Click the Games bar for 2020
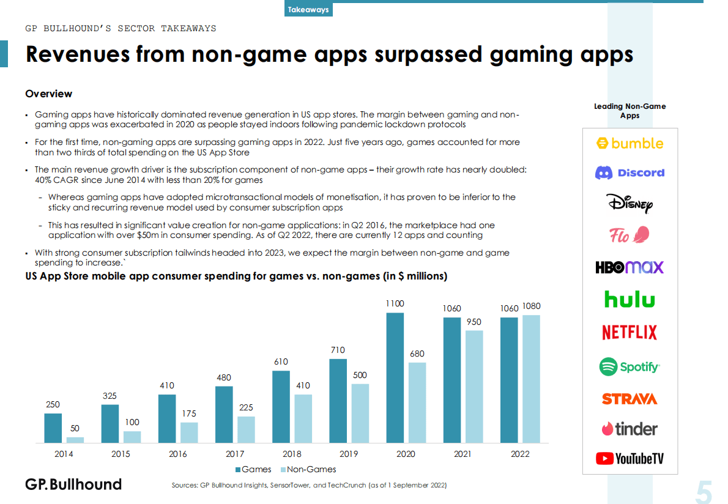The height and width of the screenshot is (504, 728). [395, 377]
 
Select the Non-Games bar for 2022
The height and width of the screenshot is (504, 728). [531, 379]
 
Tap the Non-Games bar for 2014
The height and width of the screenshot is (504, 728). [75, 439]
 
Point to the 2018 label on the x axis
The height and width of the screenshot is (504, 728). [292, 454]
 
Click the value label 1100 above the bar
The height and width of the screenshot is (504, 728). [395, 303]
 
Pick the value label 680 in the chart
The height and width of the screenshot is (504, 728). [417, 354]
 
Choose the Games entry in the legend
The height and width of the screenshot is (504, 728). [253, 469]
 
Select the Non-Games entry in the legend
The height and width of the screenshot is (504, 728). [308, 469]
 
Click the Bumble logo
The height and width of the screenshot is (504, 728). [630, 144]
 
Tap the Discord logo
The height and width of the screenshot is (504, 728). [630, 173]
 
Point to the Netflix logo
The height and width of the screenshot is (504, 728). [630, 333]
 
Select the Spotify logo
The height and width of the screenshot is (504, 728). [630, 367]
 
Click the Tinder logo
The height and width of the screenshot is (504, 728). [630, 428]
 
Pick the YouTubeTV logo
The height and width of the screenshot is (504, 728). [630, 458]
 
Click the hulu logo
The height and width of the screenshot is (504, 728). [630, 300]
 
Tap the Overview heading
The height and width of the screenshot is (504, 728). [48, 94]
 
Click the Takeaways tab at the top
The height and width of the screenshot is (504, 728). [308, 10]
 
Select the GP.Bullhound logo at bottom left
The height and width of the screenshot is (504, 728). [73, 484]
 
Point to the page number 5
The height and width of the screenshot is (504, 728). [704, 492]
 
